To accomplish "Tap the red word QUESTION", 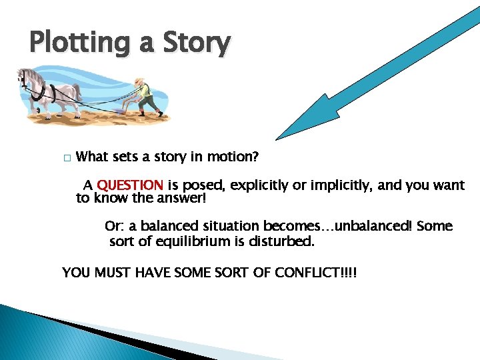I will [130, 185].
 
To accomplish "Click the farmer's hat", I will [139, 80].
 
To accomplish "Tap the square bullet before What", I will [66, 159].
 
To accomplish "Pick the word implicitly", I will [331, 185].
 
